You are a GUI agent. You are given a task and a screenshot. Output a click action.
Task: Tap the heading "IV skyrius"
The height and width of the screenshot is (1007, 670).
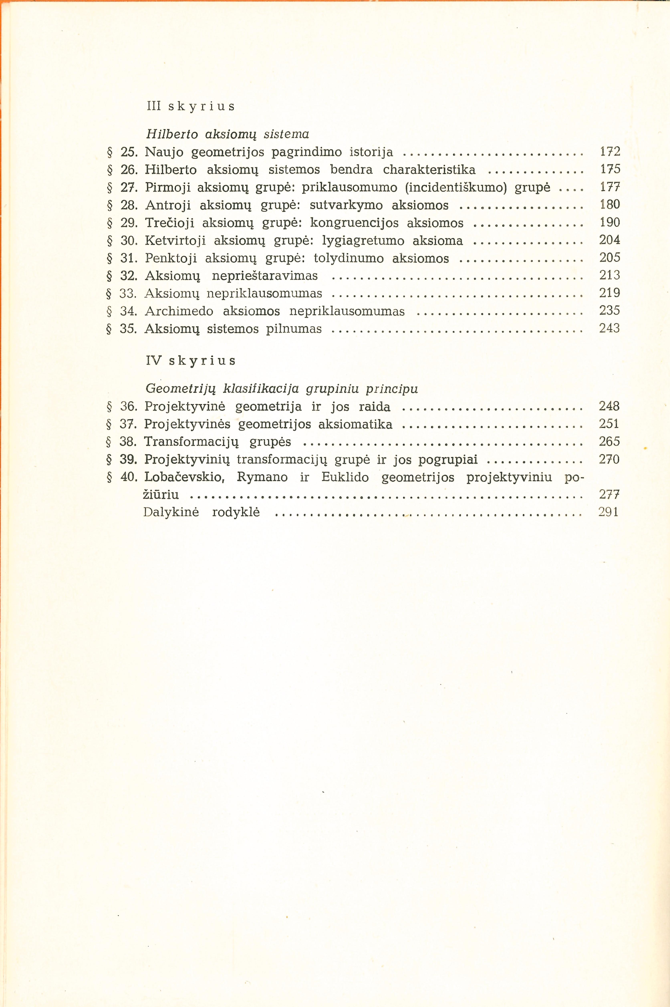pyautogui.click(x=190, y=361)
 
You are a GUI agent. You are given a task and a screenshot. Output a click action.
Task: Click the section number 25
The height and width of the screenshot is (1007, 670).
pyautogui.click(x=128, y=152)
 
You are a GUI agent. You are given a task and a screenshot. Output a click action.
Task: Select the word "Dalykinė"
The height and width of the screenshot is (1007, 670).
pyautogui.click(x=171, y=512)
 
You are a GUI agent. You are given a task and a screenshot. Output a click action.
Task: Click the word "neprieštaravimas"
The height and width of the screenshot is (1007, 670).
pyautogui.click(x=265, y=276)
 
